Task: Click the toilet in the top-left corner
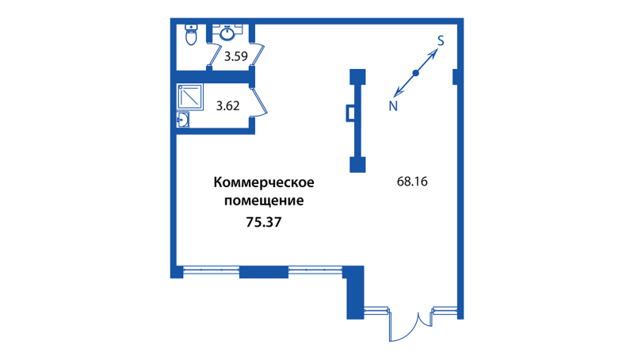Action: [x=190, y=36]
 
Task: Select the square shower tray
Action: [x=190, y=97]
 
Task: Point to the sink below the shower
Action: [x=183, y=120]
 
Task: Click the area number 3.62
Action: [x=228, y=104]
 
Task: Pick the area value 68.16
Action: [x=412, y=181]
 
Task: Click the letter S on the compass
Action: [x=441, y=40]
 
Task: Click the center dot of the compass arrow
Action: [x=416, y=74]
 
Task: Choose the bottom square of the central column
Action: [x=358, y=165]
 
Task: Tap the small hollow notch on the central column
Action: [x=349, y=113]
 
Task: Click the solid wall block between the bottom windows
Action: [x=263, y=272]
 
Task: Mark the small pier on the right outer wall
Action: [x=456, y=76]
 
